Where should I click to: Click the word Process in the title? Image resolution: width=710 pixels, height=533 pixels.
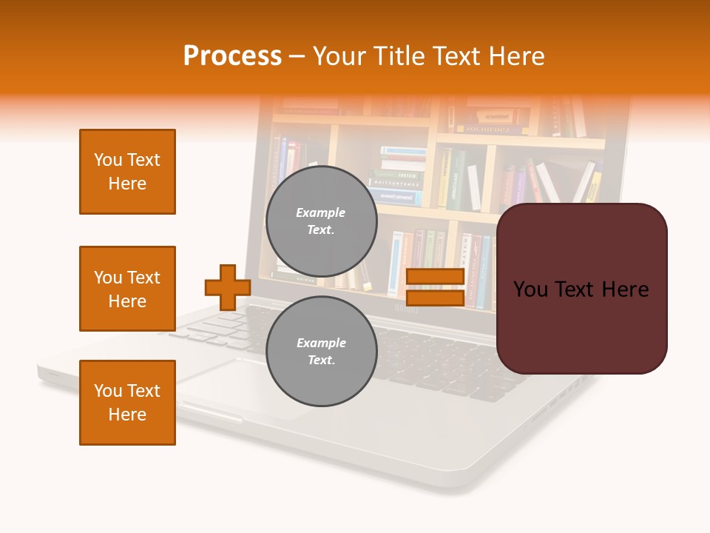pos(232,56)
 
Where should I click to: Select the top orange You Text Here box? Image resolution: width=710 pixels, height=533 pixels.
pos(127,172)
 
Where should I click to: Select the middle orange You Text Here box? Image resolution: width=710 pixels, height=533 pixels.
pos(127,289)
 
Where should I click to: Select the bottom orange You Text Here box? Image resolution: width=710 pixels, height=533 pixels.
pos(127,403)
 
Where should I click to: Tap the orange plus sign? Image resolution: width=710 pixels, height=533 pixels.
pos(227,287)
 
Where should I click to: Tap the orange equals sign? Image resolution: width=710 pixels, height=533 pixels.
pos(435,287)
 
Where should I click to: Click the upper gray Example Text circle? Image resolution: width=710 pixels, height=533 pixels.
pos(321,221)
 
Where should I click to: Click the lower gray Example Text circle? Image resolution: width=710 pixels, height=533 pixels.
pos(321,351)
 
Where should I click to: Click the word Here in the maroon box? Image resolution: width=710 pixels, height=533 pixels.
pos(625,289)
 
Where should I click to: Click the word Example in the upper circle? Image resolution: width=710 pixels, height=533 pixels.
pos(321,212)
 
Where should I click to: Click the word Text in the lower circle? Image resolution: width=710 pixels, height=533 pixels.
pos(321,360)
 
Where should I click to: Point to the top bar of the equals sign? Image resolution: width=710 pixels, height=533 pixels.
pos(435,277)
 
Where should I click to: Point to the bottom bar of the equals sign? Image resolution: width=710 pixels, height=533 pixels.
pos(435,298)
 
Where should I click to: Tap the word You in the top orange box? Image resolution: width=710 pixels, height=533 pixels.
pos(108,160)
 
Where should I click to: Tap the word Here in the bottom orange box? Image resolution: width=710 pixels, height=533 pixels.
pos(127,415)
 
